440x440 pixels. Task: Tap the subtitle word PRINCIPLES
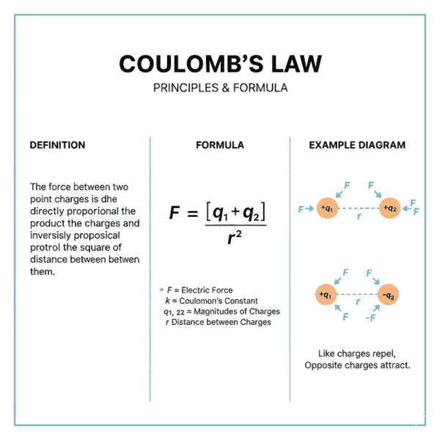coord(184,87)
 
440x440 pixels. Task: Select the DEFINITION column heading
coord(57,145)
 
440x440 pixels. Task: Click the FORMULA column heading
coord(220,145)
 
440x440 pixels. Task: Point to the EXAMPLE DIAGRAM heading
coord(357,145)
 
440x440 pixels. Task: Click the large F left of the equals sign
coord(175,213)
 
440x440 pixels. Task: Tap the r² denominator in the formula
coord(234,236)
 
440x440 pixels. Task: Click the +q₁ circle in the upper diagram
coord(326,209)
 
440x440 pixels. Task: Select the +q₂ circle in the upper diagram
coord(389,209)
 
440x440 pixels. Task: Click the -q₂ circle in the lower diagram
coord(389,296)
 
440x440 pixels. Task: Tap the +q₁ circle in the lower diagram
coord(326,296)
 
